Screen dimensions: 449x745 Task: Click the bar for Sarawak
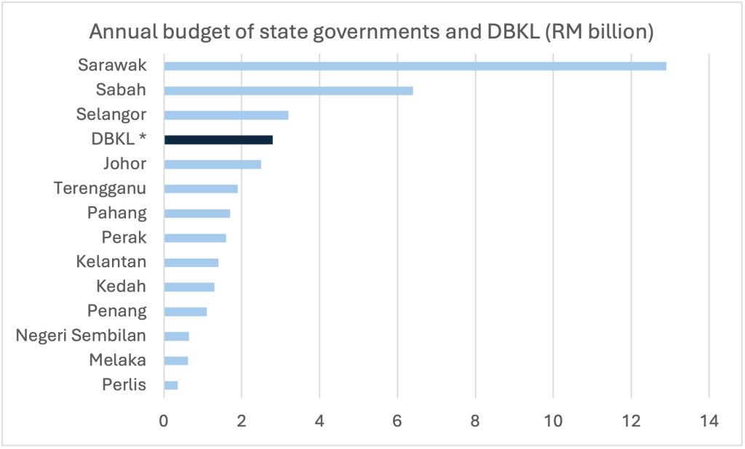[415, 66]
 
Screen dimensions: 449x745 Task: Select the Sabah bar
[288, 91]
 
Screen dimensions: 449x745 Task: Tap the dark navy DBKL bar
[218, 139]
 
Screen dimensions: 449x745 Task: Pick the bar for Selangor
[226, 115]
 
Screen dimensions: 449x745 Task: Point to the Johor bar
[212, 164]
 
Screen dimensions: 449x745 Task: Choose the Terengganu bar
[201, 189]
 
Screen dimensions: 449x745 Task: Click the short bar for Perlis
[171, 385]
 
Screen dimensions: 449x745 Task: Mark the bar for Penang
[186, 312]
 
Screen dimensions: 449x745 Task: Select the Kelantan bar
[191, 262]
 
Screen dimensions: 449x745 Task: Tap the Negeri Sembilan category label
[81, 336]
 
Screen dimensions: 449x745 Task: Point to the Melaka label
[118, 360]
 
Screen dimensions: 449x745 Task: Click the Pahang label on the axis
[117, 213]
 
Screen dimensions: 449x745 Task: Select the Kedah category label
[121, 287]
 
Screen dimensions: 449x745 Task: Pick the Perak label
[124, 238]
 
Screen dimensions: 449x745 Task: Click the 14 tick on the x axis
[709, 421]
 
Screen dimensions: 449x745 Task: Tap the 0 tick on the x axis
[164, 421]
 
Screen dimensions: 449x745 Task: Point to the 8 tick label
[475, 421]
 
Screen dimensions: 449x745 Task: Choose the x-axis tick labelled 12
[631, 421]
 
